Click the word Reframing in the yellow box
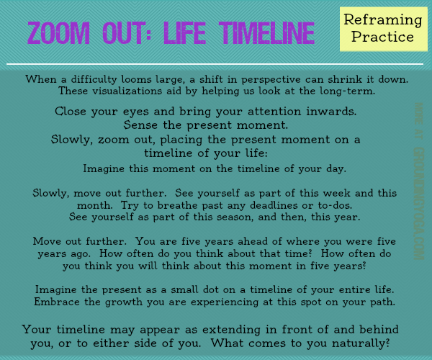pyautogui.click(x=377, y=21)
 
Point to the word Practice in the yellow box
pyautogui.click(x=377, y=37)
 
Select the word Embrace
pyautogui.click(x=58, y=302)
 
